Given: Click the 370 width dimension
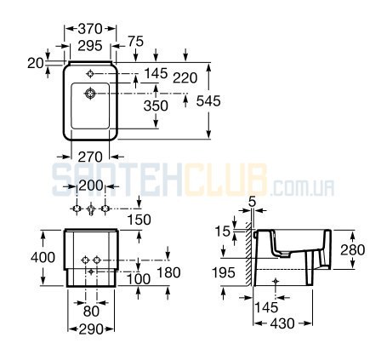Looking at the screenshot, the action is [x=90, y=29].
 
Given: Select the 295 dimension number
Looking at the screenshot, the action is [x=90, y=46].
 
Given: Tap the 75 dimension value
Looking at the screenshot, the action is [x=136, y=42].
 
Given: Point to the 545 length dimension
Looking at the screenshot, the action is [x=208, y=100].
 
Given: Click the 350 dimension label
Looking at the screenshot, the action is [x=156, y=106].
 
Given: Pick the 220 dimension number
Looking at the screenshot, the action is [x=185, y=77].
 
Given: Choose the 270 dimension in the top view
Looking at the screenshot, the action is [x=90, y=157].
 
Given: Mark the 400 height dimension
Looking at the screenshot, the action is [x=43, y=258].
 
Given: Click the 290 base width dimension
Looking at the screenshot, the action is [x=91, y=329].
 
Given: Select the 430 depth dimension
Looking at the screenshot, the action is [x=282, y=323].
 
